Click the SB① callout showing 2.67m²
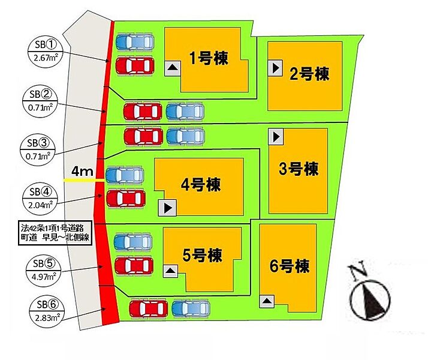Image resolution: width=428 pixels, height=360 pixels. point(46,51)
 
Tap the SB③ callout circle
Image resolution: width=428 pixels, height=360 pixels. point(38,149)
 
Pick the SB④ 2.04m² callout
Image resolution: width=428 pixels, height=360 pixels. point(40,198)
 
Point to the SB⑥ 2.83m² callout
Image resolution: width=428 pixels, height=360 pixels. point(47,311)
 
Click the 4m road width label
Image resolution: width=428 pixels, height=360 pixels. point(82,171)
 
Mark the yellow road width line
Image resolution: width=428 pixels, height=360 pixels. point(84,181)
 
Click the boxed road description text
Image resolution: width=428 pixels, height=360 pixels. point(55,233)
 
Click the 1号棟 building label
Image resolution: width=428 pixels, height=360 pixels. point(209,58)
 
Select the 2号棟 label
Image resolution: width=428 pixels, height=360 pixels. point(309,74)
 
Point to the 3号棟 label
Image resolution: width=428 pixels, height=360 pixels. point(299,169)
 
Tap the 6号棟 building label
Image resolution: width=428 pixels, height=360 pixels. point(290,266)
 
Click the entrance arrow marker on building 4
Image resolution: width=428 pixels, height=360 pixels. point(167,208)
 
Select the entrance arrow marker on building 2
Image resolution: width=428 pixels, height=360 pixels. point(275,68)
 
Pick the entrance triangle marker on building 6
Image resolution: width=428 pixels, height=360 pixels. point(267,301)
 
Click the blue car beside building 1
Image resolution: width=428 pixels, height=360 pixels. point(135,42)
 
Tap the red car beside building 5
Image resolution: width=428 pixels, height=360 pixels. point(134,266)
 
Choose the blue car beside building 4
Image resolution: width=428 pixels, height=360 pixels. point(125,175)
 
